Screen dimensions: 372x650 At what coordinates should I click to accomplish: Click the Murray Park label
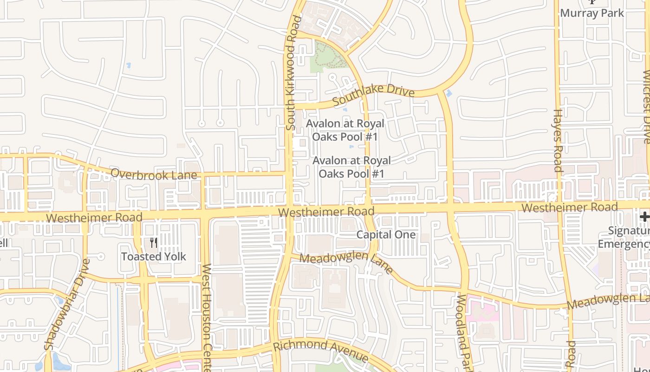(x=592, y=13)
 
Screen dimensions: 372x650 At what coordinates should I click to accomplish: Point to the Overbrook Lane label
(x=154, y=174)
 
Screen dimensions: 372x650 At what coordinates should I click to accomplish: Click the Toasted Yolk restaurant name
(x=154, y=256)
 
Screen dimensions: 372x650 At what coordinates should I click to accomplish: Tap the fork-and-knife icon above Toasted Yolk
(x=154, y=243)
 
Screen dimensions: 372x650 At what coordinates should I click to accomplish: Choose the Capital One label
(x=386, y=235)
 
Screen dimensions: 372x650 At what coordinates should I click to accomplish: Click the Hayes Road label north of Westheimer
(x=558, y=140)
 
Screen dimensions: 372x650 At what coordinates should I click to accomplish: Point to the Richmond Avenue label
(x=321, y=351)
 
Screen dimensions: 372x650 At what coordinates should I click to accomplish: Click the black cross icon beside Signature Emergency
(x=644, y=216)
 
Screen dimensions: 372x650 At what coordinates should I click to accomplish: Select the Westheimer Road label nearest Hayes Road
(x=569, y=207)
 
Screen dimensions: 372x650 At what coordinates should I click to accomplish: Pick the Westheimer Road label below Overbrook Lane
(x=94, y=218)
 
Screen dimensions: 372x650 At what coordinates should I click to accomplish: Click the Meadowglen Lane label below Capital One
(x=346, y=262)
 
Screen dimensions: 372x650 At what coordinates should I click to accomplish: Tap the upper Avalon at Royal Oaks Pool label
(x=345, y=130)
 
